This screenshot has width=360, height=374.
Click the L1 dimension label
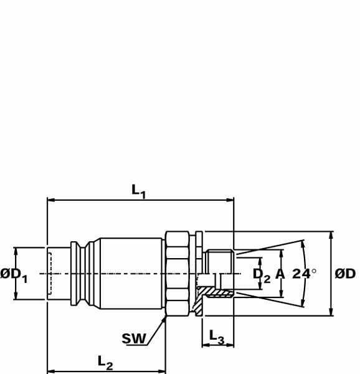click(x=138, y=192)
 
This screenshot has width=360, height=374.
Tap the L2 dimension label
click(x=105, y=363)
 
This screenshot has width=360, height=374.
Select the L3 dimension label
click(x=217, y=337)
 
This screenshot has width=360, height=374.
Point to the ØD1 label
click(x=14, y=275)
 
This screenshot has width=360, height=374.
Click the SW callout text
click(x=134, y=338)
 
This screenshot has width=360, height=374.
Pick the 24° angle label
click(x=304, y=274)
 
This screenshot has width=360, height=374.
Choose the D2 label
click(x=262, y=275)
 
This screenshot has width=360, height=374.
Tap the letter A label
click(x=280, y=274)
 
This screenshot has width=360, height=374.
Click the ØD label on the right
click(x=345, y=274)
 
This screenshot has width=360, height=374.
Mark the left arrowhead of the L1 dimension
click(x=51, y=200)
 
